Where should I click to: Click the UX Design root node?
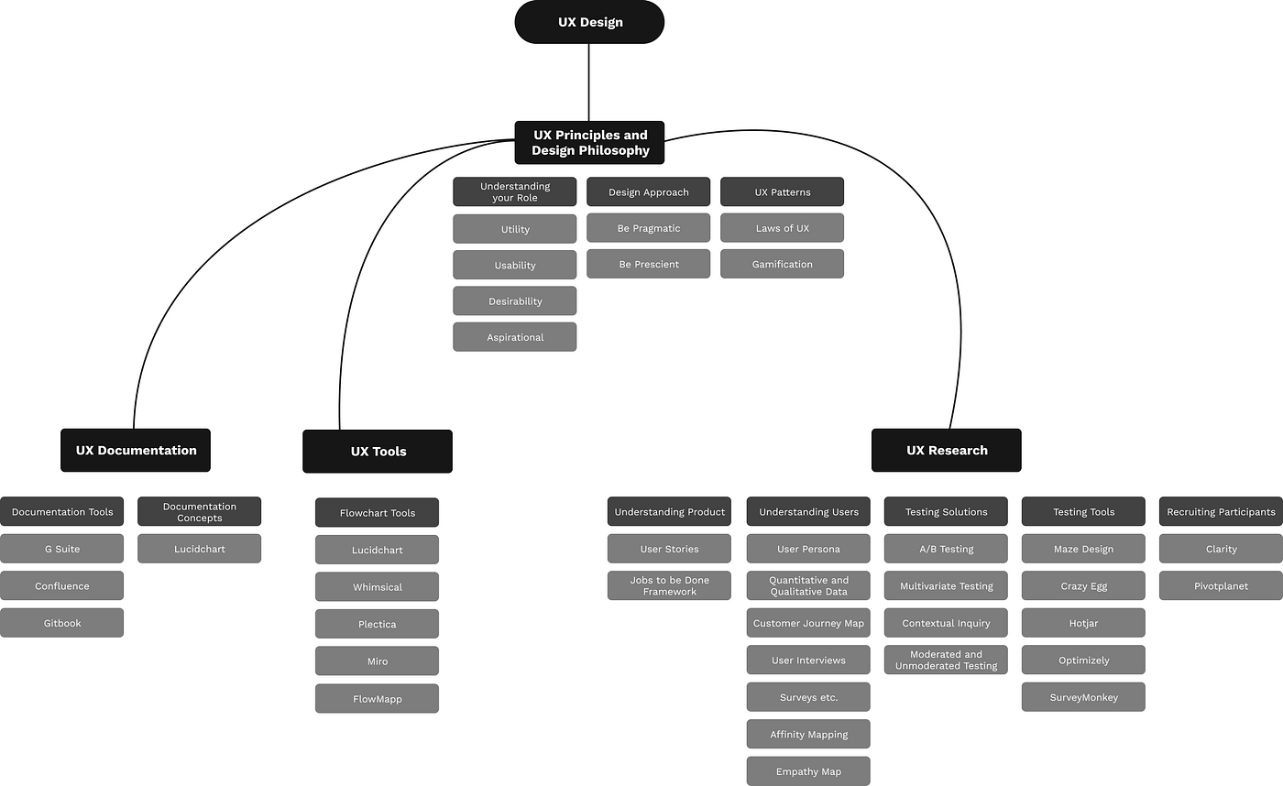point(589,22)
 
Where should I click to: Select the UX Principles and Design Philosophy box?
point(589,143)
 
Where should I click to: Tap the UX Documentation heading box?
point(136,450)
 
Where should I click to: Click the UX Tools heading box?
point(378,451)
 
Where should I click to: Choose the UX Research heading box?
point(946,450)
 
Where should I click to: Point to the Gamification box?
point(782,264)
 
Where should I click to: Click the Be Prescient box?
point(648,264)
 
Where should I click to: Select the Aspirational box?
point(514,337)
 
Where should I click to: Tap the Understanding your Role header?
point(514,191)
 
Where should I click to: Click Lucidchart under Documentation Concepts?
point(199,549)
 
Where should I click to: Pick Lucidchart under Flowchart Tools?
point(377,550)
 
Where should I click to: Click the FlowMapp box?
point(377,699)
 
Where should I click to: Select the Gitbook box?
point(61,623)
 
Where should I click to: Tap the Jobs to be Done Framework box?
point(669,585)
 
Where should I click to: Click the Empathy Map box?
point(807,771)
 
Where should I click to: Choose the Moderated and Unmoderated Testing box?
point(946,660)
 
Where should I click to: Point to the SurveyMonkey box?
point(1083,697)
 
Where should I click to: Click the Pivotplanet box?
point(1221,585)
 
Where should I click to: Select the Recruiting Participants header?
point(1221,511)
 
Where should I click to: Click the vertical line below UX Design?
point(588,82)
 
